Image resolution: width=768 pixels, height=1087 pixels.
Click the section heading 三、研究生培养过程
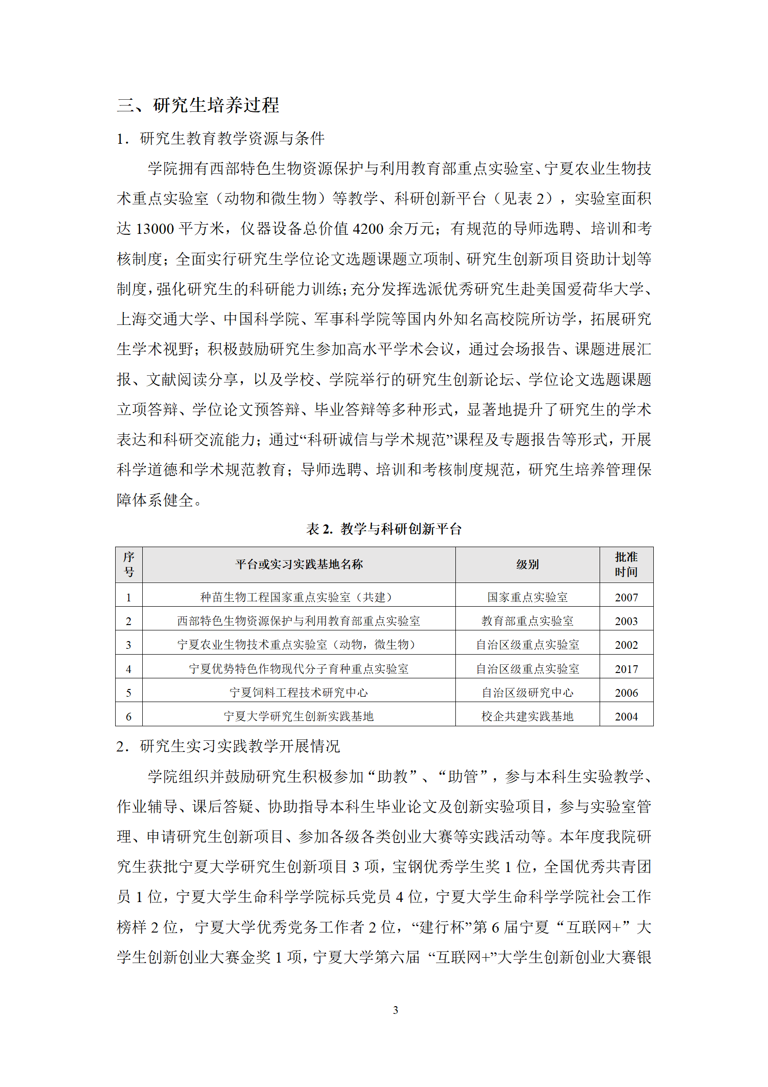click(x=198, y=105)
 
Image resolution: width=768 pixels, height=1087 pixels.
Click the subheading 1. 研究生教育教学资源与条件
click(x=220, y=138)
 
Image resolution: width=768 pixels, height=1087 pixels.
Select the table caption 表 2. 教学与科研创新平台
click(x=384, y=529)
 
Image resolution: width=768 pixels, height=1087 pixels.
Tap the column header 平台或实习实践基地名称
click(x=299, y=564)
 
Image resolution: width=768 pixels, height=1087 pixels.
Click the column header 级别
click(x=527, y=564)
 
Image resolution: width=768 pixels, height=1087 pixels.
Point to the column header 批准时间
click(x=626, y=564)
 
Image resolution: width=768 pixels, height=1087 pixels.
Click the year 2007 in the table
click(x=626, y=597)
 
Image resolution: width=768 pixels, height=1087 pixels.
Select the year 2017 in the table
click(x=626, y=669)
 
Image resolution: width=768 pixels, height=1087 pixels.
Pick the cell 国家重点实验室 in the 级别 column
click(x=527, y=597)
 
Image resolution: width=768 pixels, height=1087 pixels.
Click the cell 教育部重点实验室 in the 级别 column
click(x=527, y=621)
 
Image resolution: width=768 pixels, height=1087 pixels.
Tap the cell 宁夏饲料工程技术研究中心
click(x=299, y=693)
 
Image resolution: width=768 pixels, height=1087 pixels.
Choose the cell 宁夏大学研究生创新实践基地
click(x=299, y=717)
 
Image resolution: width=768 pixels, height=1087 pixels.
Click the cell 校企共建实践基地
click(x=527, y=717)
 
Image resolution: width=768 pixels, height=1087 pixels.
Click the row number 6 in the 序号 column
click(x=129, y=717)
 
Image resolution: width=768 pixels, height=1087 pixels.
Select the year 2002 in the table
click(x=626, y=645)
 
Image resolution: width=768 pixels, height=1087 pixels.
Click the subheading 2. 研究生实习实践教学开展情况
click(x=228, y=746)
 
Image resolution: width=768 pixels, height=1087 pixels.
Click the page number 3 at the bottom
click(x=395, y=1006)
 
